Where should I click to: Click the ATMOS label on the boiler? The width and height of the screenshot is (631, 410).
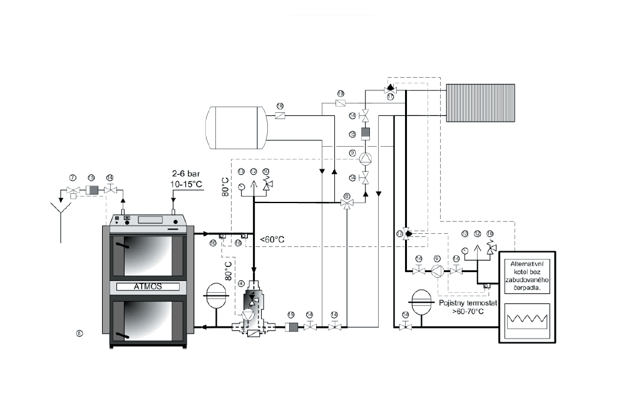148,286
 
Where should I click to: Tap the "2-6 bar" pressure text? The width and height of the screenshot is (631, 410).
186,173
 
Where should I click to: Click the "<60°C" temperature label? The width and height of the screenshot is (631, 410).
272,239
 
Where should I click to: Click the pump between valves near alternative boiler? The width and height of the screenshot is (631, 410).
437,271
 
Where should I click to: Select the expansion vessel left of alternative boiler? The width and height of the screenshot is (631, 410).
423,299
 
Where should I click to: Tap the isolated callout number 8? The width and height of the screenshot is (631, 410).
80,333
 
